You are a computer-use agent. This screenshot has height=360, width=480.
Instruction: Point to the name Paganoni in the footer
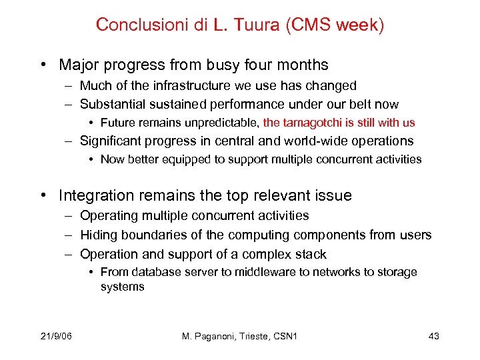(220, 336)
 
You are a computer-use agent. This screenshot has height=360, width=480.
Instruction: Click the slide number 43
(433, 336)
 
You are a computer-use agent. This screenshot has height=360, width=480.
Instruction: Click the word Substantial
(109, 104)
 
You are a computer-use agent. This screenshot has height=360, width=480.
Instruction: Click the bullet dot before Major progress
(42, 65)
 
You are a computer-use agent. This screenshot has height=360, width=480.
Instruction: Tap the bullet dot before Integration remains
(42, 196)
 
